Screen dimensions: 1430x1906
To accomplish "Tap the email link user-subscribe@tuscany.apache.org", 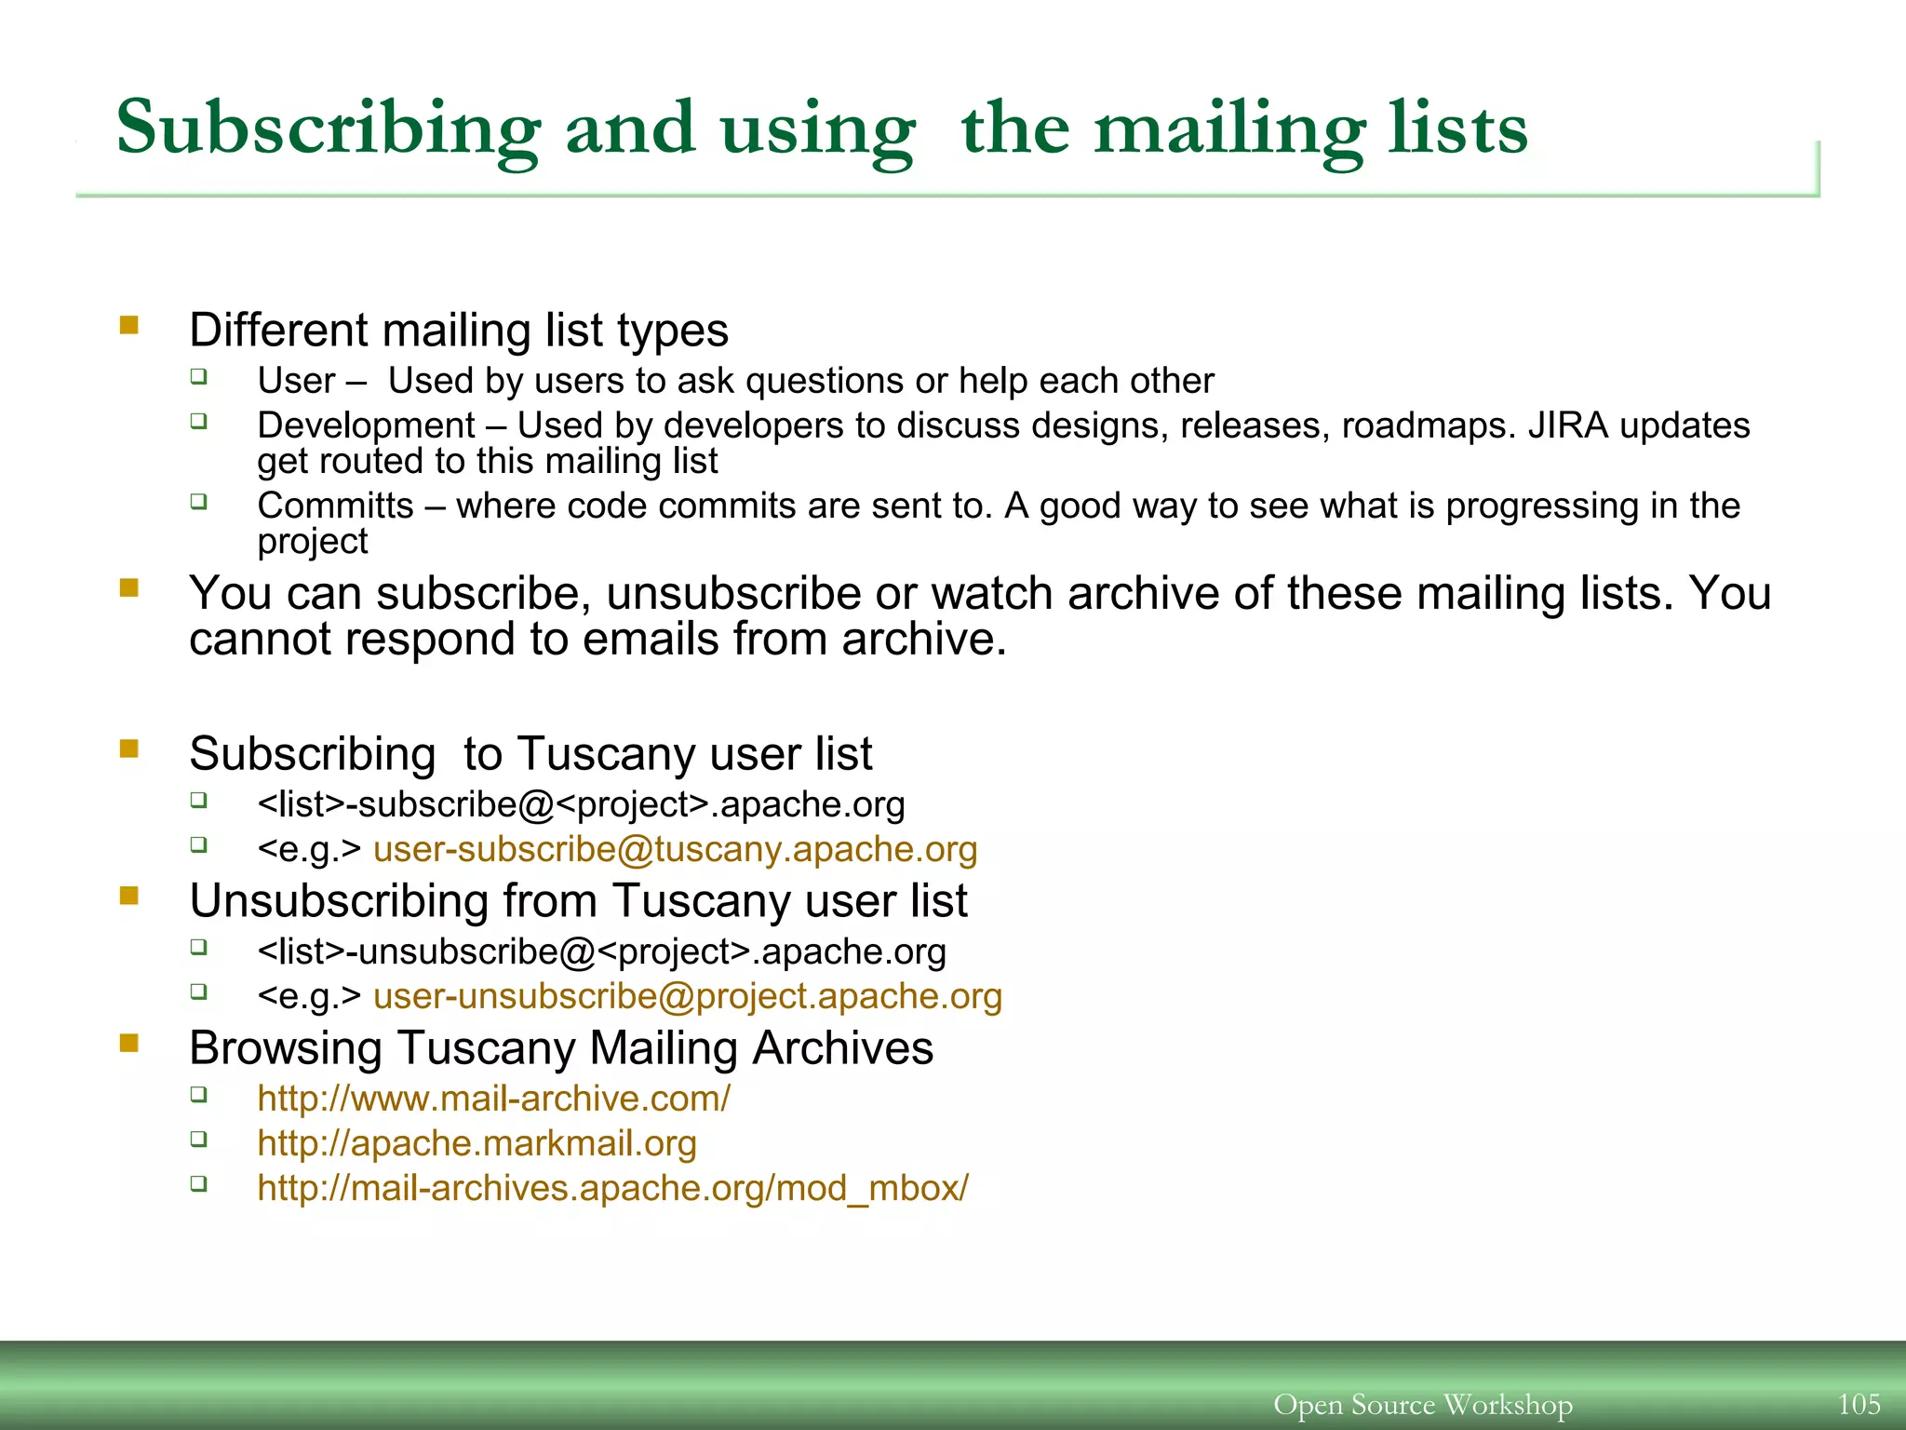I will pyautogui.click(x=675, y=849).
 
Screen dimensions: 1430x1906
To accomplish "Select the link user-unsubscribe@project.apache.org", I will pyautogui.click(x=687, y=996).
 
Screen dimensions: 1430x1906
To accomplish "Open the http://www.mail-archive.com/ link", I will pyautogui.click(x=493, y=1099).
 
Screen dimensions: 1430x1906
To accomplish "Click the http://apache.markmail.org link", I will pyautogui.click(x=476, y=1143).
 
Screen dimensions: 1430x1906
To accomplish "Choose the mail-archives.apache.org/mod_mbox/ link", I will pyautogui.click(x=612, y=1188).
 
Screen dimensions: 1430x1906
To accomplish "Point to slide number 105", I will pyautogui.click(x=1859, y=1404).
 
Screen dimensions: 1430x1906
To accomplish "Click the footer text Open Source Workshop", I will pyautogui.click(x=1422, y=1404).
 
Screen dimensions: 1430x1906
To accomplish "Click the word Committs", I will pyautogui.click(x=335, y=506).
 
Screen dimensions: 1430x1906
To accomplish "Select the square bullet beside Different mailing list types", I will pyautogui.click(x=129, y=325).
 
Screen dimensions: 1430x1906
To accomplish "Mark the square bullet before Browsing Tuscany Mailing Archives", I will pyautogui.click(x=129, y=1043).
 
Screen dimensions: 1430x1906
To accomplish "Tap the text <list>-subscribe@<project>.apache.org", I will pyautogui.click(x=581, y=804).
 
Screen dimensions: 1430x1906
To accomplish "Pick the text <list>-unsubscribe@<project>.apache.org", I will pyautogui.click(x=601, y=951).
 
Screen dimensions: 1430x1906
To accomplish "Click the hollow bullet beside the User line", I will pyautogui.click(x=198, y=376).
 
